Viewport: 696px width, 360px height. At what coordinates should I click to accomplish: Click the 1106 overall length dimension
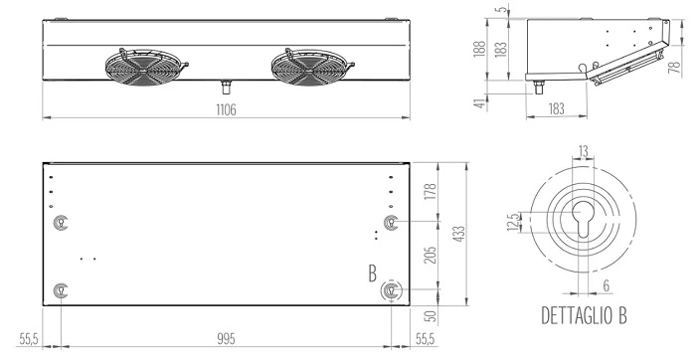[x=226, y=109]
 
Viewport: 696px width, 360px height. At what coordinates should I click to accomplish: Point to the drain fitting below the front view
[x=227, y=87]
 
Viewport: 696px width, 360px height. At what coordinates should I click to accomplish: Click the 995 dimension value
[x=226, y=339]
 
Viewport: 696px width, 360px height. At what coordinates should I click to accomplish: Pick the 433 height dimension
[x=459, y=234]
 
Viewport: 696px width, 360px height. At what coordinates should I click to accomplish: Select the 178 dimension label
[x=431, y=191]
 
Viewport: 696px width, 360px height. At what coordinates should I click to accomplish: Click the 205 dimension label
[x=431, y=255]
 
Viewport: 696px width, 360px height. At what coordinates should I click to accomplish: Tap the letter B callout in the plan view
[x=373, y=273]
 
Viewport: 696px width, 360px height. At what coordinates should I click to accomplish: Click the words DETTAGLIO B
[x=584, y=315]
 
